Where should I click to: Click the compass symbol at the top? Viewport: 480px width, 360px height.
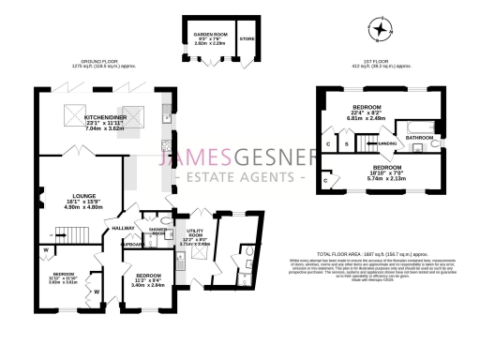pyautogui.click(x=380, y=30)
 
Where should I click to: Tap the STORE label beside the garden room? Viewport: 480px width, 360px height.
pyautogui.click(x=247, y=39)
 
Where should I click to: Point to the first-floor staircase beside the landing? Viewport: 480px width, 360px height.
pyautogui.click(x=367, y=142)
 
